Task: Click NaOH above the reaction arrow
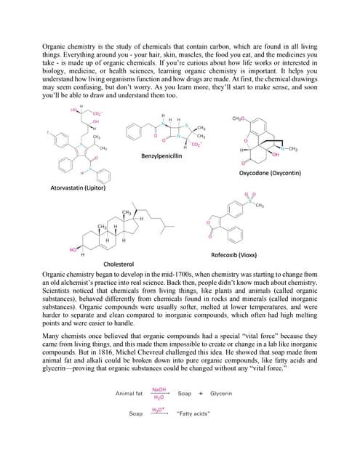(159, 389)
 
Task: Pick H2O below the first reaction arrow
(159, 398)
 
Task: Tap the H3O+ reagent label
(157, 409)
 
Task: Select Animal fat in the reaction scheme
(129, 394)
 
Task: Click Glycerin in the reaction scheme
(221, 394)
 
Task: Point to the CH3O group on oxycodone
(238, 118)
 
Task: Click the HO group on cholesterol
(73, 250)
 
